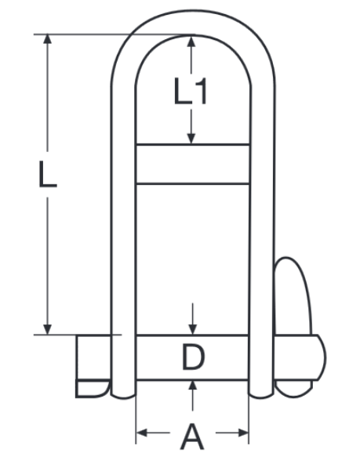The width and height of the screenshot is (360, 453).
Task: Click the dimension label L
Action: click(48, 173)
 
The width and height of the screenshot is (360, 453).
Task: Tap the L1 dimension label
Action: click(191, 92)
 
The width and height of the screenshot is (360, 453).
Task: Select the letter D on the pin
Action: click(193, 357)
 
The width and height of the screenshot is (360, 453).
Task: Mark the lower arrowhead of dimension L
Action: click(49, 328)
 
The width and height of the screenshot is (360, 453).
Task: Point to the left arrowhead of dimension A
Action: click(142, 432)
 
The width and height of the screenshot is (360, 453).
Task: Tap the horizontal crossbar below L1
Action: click(193, 164)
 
